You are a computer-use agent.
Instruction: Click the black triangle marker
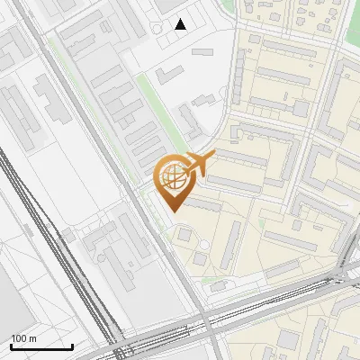coord(181,24)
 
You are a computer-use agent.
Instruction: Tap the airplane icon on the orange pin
coord(197,165)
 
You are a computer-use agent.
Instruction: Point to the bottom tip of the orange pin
coord(172,211)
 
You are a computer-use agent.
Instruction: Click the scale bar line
coord(41,346)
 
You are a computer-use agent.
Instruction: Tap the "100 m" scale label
coord(24,338)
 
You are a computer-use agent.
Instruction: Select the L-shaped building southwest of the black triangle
coord(170,76)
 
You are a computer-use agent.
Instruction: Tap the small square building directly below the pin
coord(184,235)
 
